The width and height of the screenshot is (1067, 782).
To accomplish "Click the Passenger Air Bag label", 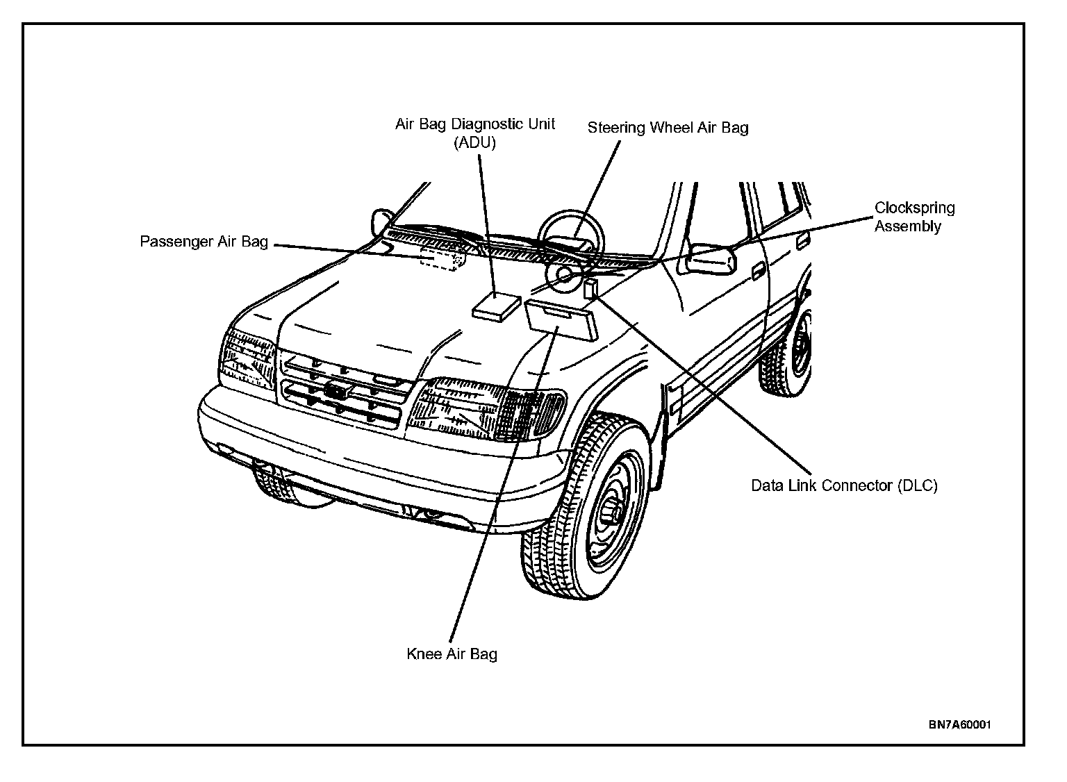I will click(204, 242).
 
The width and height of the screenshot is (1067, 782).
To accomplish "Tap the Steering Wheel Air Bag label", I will click(668, 128).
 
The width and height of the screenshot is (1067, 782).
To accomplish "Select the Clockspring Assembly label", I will click(914, 217).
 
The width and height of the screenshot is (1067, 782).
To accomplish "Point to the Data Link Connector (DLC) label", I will click(844, 485).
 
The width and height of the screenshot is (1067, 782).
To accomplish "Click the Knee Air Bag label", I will click(452, 654).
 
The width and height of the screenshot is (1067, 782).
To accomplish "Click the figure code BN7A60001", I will click(959, 724).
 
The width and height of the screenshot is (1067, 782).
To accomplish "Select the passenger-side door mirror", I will click(381, 219).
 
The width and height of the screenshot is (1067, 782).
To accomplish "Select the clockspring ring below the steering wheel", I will click(563, 276).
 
